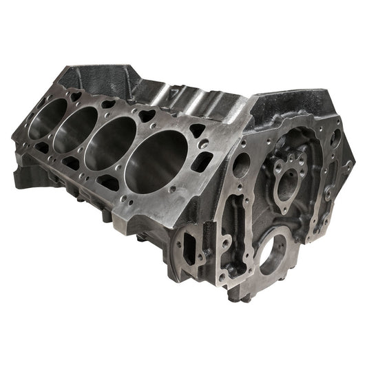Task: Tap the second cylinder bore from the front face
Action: point(110,143)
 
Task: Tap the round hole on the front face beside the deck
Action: point(242,165)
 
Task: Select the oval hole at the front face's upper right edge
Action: point(335,138)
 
